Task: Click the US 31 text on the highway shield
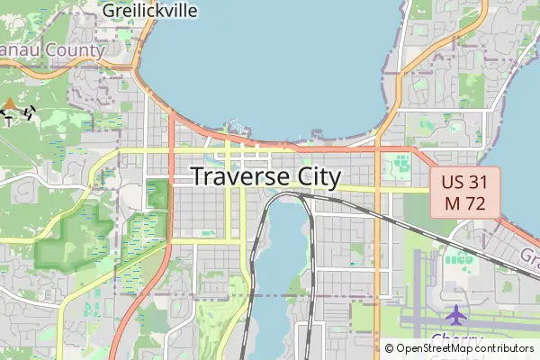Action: tap(463, 181)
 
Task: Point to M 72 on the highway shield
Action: tap(463, 203)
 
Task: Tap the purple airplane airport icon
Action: tap(456, 316)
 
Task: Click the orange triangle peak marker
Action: tap(9, 103)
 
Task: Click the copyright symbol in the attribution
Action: tap(389, 348)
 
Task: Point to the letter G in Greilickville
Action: tap(109, 10)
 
